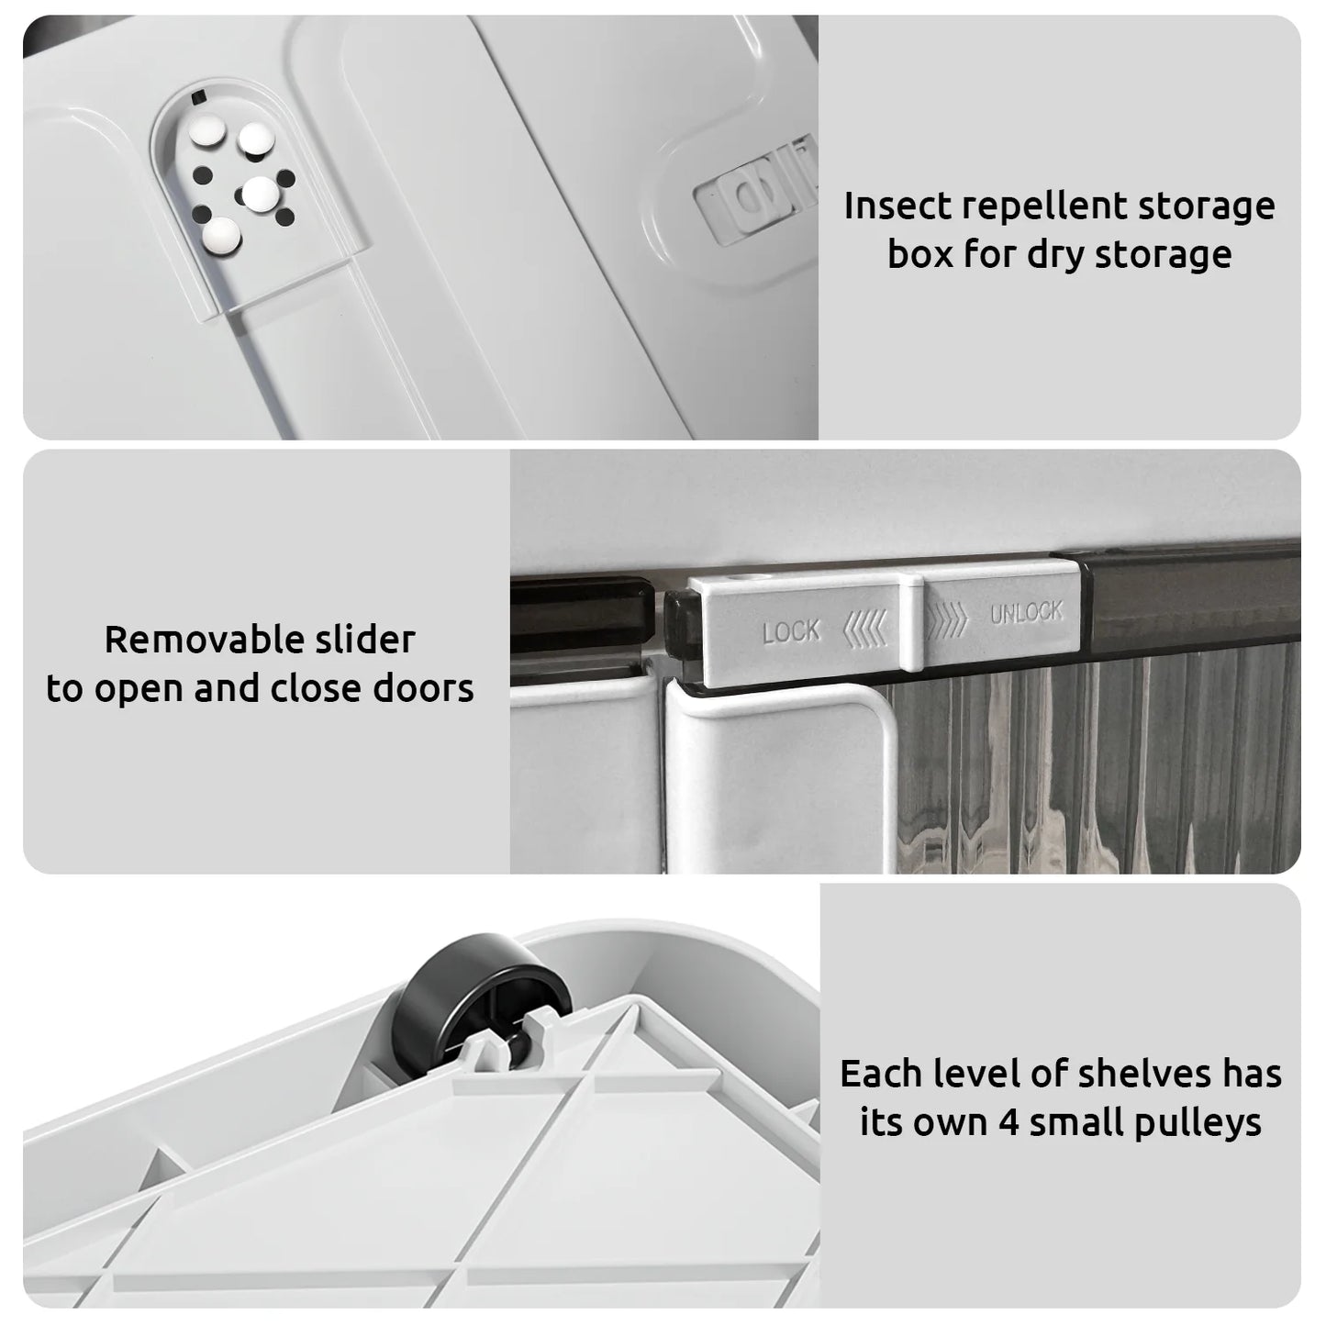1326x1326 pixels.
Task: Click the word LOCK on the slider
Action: pos(791,631)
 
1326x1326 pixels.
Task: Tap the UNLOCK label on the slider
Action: pos(1026,612)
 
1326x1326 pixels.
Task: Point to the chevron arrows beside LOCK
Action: pos(865,629)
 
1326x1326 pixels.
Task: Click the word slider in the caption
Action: pos(365,640)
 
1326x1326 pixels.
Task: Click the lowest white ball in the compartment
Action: pos(221,234)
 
